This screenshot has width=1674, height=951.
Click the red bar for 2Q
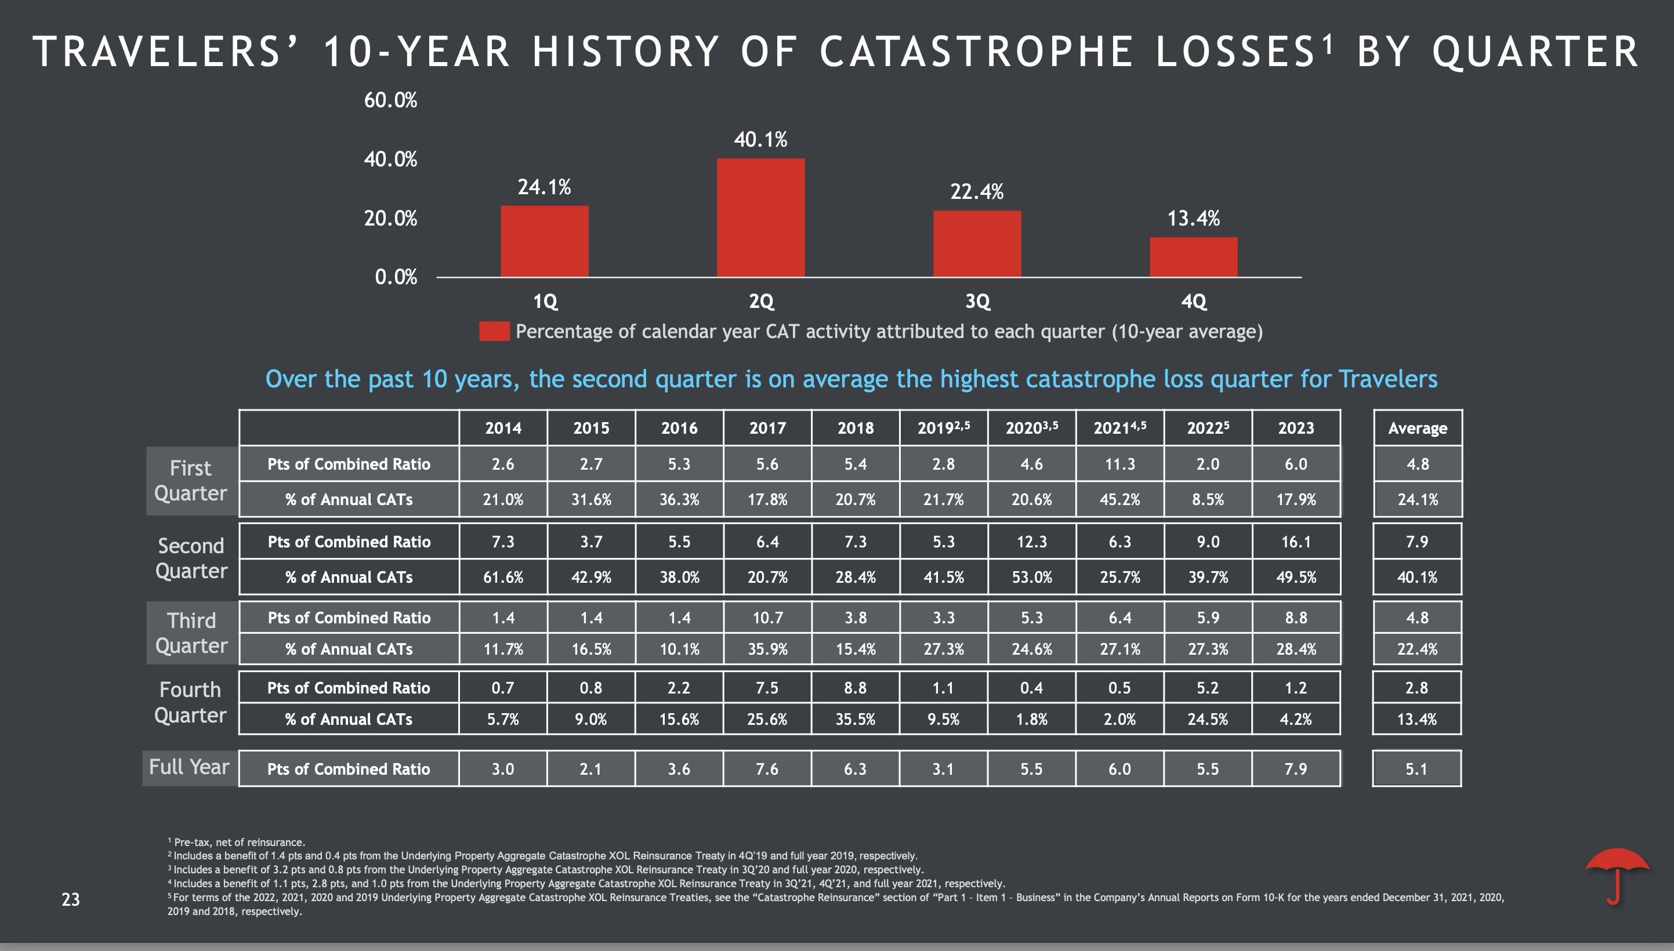coord(760,217)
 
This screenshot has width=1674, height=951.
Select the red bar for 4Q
coord(1193,257)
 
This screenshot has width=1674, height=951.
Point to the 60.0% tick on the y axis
coord(390,100)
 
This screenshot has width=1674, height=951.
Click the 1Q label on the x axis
coord(545,301)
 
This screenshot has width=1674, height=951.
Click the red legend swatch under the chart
coord(494,331)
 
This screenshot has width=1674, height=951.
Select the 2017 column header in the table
coord(767,428)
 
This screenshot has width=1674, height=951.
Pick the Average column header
coord(1416,428)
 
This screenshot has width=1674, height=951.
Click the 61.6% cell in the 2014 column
coord(502,577)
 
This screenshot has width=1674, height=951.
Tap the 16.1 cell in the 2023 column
coord(1295,542)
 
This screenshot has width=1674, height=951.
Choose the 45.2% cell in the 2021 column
coord(1119,499)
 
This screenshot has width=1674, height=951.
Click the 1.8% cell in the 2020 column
coord(1031,718)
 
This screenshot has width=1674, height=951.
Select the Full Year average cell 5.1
coord(1416,769)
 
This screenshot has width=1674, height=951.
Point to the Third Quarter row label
coord(191,632)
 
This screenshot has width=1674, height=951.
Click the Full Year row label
coord(190,767)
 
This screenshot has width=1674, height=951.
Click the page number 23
coord(71,899)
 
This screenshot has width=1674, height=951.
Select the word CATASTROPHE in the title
coord(976,52)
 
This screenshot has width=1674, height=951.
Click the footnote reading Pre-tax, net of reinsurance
coord(239,842)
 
